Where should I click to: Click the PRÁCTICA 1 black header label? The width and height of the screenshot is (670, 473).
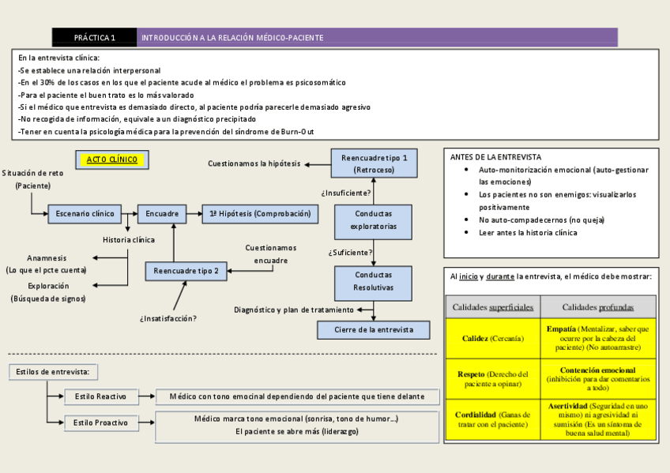(94, 37)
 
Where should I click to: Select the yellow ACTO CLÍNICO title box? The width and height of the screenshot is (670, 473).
(111, 160)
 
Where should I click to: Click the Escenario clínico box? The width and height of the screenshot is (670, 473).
(85, 213)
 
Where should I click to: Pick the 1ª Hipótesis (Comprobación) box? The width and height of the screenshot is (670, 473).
(260, 213)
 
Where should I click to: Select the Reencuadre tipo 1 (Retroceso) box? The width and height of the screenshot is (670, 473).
(374, 163)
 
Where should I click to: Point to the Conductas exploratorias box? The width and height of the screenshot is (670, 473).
(374, 220)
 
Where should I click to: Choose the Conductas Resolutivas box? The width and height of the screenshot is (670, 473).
(373, 281)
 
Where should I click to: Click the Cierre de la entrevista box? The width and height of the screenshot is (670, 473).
(374, 330)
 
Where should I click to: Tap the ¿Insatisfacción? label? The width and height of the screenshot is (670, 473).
(167, 318)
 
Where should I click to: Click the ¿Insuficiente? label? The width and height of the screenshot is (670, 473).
(346, 192)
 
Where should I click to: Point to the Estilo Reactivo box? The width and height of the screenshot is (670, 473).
(100, 396)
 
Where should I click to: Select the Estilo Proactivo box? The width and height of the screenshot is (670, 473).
(100, 423)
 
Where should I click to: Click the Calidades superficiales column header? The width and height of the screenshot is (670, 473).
(492, 306)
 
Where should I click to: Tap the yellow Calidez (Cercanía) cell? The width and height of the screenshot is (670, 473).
(492, 339)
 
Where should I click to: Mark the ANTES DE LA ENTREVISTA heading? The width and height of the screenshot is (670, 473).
(495, 157)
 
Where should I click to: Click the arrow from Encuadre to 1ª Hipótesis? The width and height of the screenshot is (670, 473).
(194, 213)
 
